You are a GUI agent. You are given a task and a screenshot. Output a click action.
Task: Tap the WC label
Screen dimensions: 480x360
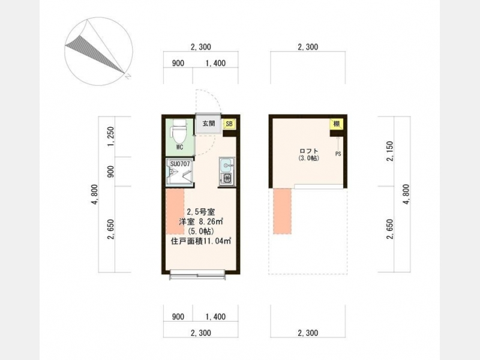click(x=179, y=147)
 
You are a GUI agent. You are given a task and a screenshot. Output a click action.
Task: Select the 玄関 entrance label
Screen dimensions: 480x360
click(x=208, y=124)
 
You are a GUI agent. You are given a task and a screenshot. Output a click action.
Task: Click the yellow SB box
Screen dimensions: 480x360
click(x=229, y=124)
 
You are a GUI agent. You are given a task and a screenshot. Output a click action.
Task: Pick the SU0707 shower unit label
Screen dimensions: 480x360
click(x=180, y=164)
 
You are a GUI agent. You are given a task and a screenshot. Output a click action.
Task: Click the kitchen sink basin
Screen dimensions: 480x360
click(x=227, y=166)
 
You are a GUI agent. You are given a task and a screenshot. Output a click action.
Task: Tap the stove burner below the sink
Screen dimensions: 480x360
click(x=227, y=178)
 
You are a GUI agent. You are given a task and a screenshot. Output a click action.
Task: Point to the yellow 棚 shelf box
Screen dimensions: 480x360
click(x=337, y=124)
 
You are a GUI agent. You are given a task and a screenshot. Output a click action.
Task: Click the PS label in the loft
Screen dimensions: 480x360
click(x=338, y=154)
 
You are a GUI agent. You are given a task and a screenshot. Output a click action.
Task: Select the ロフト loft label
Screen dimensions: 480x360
click(x=309, y=151)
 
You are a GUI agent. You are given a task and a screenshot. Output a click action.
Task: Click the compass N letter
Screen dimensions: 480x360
click(x=128, y=76)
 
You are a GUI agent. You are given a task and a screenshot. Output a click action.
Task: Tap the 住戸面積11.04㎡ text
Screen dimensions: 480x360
click(x=201, y=241)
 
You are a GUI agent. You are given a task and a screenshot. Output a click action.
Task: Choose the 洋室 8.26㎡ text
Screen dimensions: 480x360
click(x=201, y=221)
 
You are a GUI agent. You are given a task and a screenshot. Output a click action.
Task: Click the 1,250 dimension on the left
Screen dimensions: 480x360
click(x=111, y=137)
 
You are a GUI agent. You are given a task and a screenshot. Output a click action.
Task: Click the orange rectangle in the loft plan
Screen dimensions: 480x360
click(x=282, y=211)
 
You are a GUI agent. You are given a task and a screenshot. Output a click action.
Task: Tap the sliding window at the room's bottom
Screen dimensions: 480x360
click(x=198, y=274)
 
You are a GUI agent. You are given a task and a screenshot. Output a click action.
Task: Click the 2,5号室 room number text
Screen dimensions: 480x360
click(x=201, y=212)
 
